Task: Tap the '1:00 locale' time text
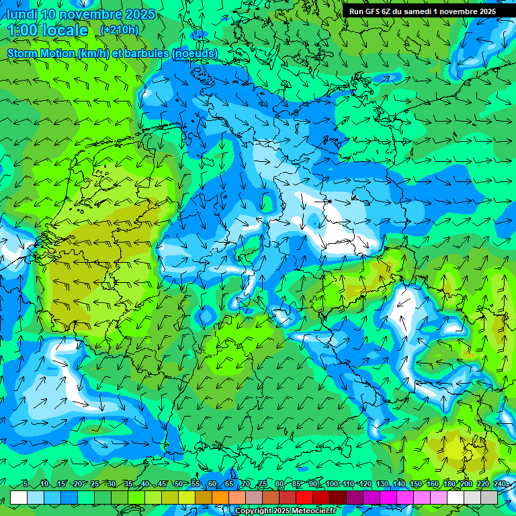click(x=47, y=31)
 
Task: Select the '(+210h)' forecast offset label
click(x=120, y=30)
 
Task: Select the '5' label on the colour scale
click(x=26, y=484)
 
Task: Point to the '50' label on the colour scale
click(x=178, y=484)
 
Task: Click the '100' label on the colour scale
click(x=332, y=484)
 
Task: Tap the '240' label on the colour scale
click(x=500, y=484)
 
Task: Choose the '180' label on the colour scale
click(x=449, y=484)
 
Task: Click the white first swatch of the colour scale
click(x=19, y=497)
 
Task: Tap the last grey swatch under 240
click(x=489, y=497)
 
